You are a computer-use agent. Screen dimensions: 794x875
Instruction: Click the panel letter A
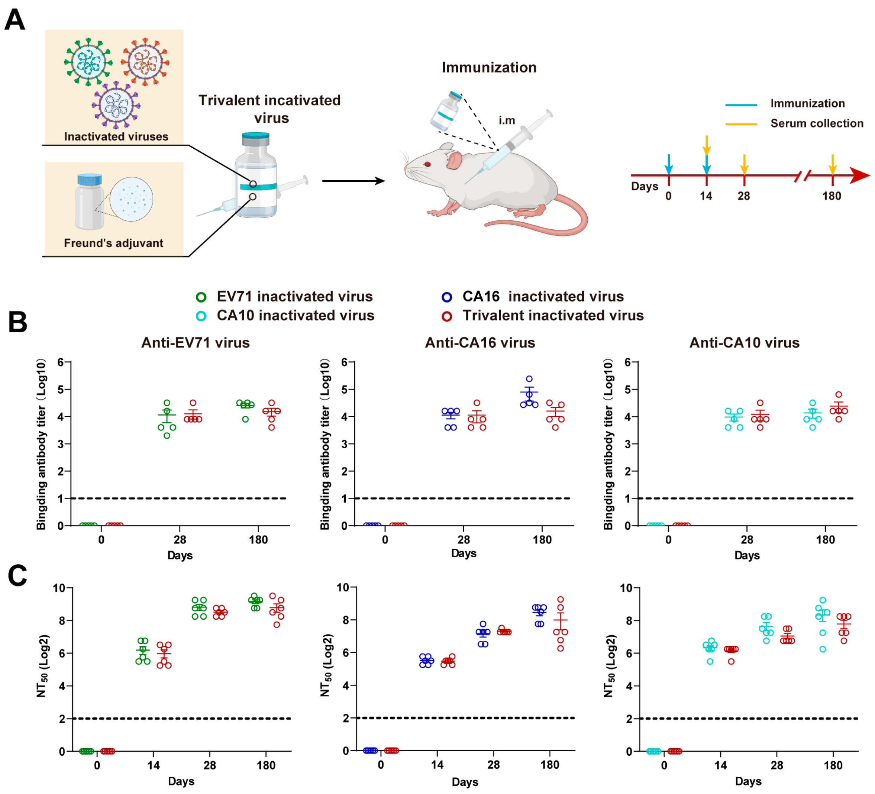point(15,20)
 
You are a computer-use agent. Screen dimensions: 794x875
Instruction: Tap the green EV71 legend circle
point(201,297)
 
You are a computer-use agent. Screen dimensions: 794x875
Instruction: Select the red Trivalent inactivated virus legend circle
point(447,316)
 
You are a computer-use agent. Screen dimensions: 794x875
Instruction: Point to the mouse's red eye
point(427,164)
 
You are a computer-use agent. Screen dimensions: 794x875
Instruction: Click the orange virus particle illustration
point(145,62)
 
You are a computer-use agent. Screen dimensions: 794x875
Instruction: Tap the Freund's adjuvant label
point(114,243)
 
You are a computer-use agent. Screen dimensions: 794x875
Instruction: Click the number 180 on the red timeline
point(832,196)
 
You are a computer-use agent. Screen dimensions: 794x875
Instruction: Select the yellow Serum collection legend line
point(741,124)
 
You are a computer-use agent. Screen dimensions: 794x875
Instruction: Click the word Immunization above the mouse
point(489,67)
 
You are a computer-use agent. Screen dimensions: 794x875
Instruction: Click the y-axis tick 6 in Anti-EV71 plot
point(61,362)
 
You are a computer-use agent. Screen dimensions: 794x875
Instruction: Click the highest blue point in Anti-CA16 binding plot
point(529,379)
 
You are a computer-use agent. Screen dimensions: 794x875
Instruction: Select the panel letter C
point(17,576)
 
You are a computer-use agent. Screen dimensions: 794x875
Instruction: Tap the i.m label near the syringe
point(507,120)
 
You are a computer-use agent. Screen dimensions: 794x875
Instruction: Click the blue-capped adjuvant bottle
point(90,201)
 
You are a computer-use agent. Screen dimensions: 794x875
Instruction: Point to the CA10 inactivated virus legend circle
point(201,316)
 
